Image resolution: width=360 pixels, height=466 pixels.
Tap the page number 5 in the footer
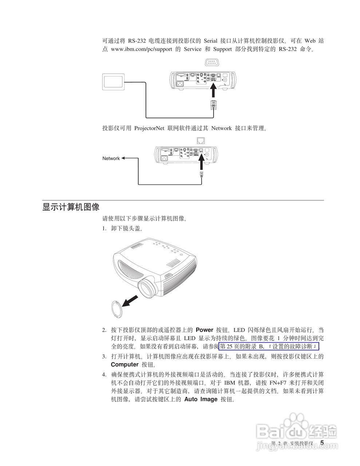pyautogui.click(x=322, y=443)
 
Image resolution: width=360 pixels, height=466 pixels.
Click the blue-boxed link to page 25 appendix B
pyautogui.click(x=269, y=346)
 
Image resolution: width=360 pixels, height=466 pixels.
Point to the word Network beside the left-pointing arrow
pyautogui.click(x=111, y=158)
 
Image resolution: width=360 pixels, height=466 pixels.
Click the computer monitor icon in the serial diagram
pyautogui.click(x=114, y=82)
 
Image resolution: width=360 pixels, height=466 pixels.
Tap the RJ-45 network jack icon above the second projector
pyautogui.click(x=201, y=141)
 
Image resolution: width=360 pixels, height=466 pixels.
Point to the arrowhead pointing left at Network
pyautogui.click(x=123, y=158)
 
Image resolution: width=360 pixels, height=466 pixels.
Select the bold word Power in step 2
pyautogui.click(x=204, y=330)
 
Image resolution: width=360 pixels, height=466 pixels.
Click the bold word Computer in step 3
pyautogui.click(x=124, y=364)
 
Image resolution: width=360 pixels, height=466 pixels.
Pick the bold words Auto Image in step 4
pyautogui.click(x=201, y=399)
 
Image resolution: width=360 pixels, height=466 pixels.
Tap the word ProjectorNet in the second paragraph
pyautogui.click(x=149, y=128)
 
